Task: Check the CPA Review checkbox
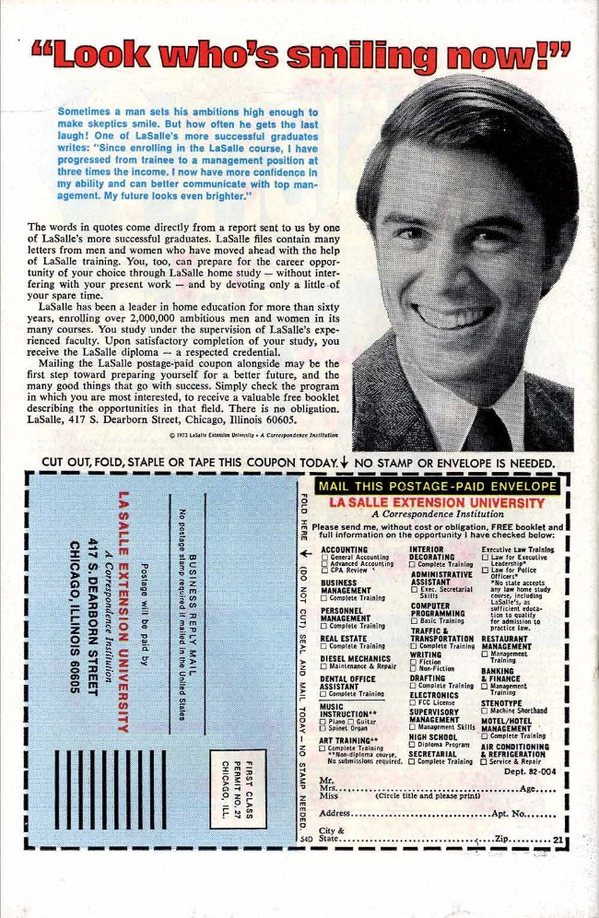tap(324, 571)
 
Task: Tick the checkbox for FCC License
tap(413, 702)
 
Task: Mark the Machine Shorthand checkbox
tap(485, 710)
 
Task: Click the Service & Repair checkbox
tap(485, 761)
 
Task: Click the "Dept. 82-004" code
tap(529, 771)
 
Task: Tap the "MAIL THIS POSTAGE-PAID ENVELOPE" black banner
tap(437, 486)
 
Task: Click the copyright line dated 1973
tap(241, 435)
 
